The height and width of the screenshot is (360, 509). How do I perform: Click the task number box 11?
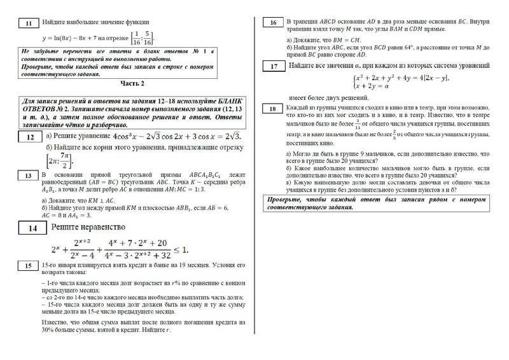(29, 24)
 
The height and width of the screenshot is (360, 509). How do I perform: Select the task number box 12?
(29, 137)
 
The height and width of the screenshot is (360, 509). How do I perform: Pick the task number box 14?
(30, 228)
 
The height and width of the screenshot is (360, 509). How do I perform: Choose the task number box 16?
(273, 24)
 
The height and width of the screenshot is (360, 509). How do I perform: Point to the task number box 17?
(273, 67)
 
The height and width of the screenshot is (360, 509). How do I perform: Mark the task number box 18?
(273, 109)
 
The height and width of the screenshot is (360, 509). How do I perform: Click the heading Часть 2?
(132, 83)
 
